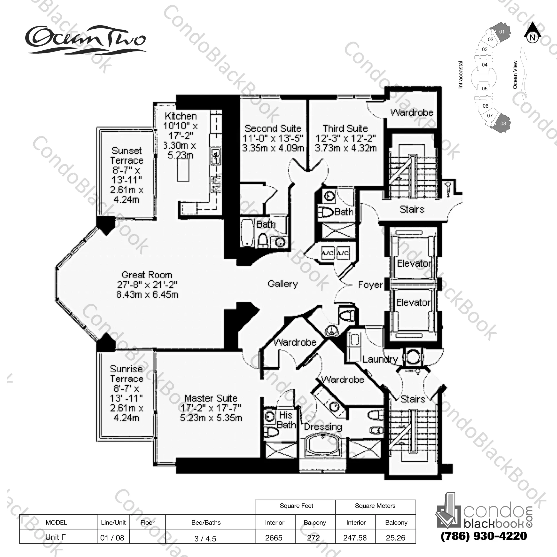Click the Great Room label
pos(147,275)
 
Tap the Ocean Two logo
pos(86,40)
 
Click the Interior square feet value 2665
pos(274,538)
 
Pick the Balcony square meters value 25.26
pos(395,538)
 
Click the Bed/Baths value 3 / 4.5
pos(205,539)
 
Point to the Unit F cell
pos(55,537)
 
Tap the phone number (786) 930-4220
pos(483,536)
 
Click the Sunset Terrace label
pos(127,155)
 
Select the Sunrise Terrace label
pos(127,374)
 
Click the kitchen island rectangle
pos(183,170)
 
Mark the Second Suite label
pos(273,128)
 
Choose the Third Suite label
pos(345,128)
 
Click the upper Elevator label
pos(414,263)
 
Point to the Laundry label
pos(380,359)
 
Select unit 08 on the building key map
pos(503,123)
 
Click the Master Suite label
pos(211,398)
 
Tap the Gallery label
pos(282,284)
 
